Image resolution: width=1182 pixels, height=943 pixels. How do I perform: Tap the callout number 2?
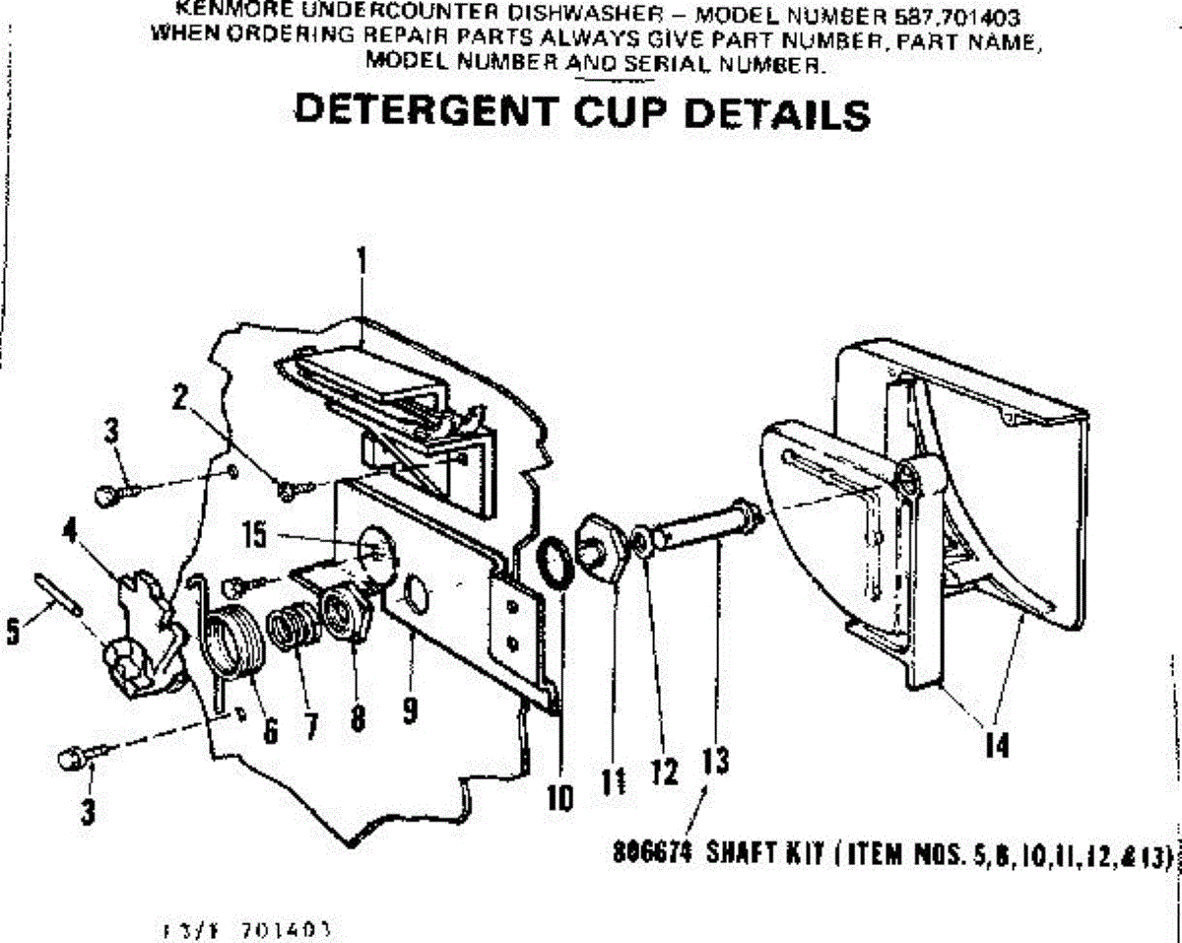point(179,398)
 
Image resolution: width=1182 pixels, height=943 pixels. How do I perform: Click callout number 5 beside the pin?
point(13,632)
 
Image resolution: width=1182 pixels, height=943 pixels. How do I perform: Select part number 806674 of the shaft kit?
point(642,855)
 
